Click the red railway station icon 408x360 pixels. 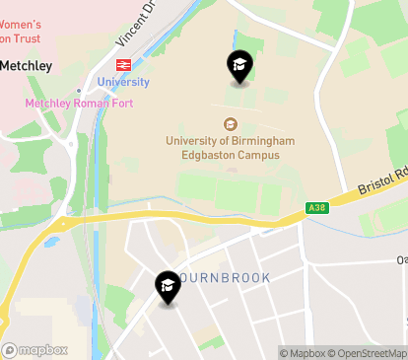tap(123, 64)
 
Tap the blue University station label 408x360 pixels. tap(123, 82)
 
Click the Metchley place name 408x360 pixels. tap(26, 65)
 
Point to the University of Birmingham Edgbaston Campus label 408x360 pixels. tap(231, 148)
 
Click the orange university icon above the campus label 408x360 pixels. tap(231, 124)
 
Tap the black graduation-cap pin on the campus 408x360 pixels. tap(238, 67)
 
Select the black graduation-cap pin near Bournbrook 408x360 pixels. tap(168, 288)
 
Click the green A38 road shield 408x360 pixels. tap(316, 207)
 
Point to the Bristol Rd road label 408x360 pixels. tap(383, 183)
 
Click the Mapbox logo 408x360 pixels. tap(34, 349)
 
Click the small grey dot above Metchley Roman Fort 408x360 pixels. tap(78, 91)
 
